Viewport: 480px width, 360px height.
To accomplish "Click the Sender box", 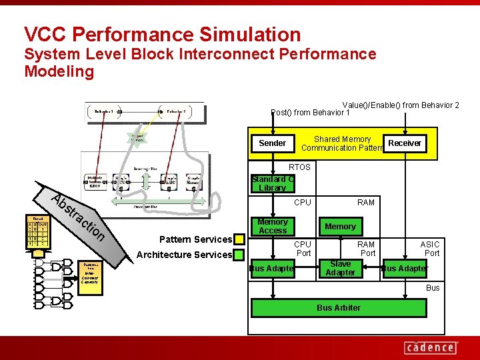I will [x=272, y=143].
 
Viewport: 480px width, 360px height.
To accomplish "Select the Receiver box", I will [x=405, y=143].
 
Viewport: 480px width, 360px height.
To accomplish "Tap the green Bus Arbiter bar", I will [x=339, y=308].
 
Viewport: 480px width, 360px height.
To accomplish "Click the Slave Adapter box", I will [x=340, y=269].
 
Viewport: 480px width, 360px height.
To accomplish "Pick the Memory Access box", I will [x=273, y=226].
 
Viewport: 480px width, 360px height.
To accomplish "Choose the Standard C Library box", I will [x=272, y=183].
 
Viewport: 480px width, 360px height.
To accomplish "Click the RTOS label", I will [x=299, y=167].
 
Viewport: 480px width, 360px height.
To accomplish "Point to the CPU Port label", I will [x=303, y=249].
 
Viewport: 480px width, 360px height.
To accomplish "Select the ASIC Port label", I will [x=430, y=249].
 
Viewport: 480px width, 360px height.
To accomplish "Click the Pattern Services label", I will [x=195, y=239].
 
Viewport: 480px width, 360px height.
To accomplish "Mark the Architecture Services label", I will [x=184, y=255].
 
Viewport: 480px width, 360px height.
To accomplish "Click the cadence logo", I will [x=430, y=347].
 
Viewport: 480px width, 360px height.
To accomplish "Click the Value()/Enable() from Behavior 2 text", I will [x=400, y=105].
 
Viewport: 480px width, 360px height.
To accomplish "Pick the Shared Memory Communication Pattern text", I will [x=343, y=143].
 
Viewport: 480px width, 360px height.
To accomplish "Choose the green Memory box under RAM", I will [x=340, y=227].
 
